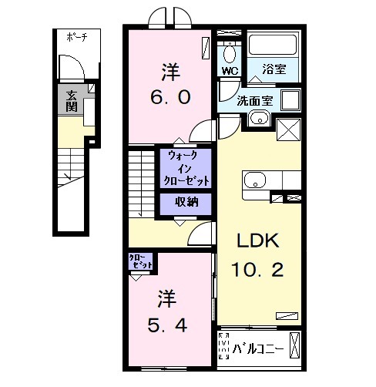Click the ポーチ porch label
coord(76,37)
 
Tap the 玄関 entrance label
coord(72,101)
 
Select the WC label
coord(230,71)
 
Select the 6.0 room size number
coord(170,99)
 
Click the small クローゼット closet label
coord(141,261)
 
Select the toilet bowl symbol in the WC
coord(230,55)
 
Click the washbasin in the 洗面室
coord(258,119)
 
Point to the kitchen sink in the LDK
coord(255,182)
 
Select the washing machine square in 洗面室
coord(290,101)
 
